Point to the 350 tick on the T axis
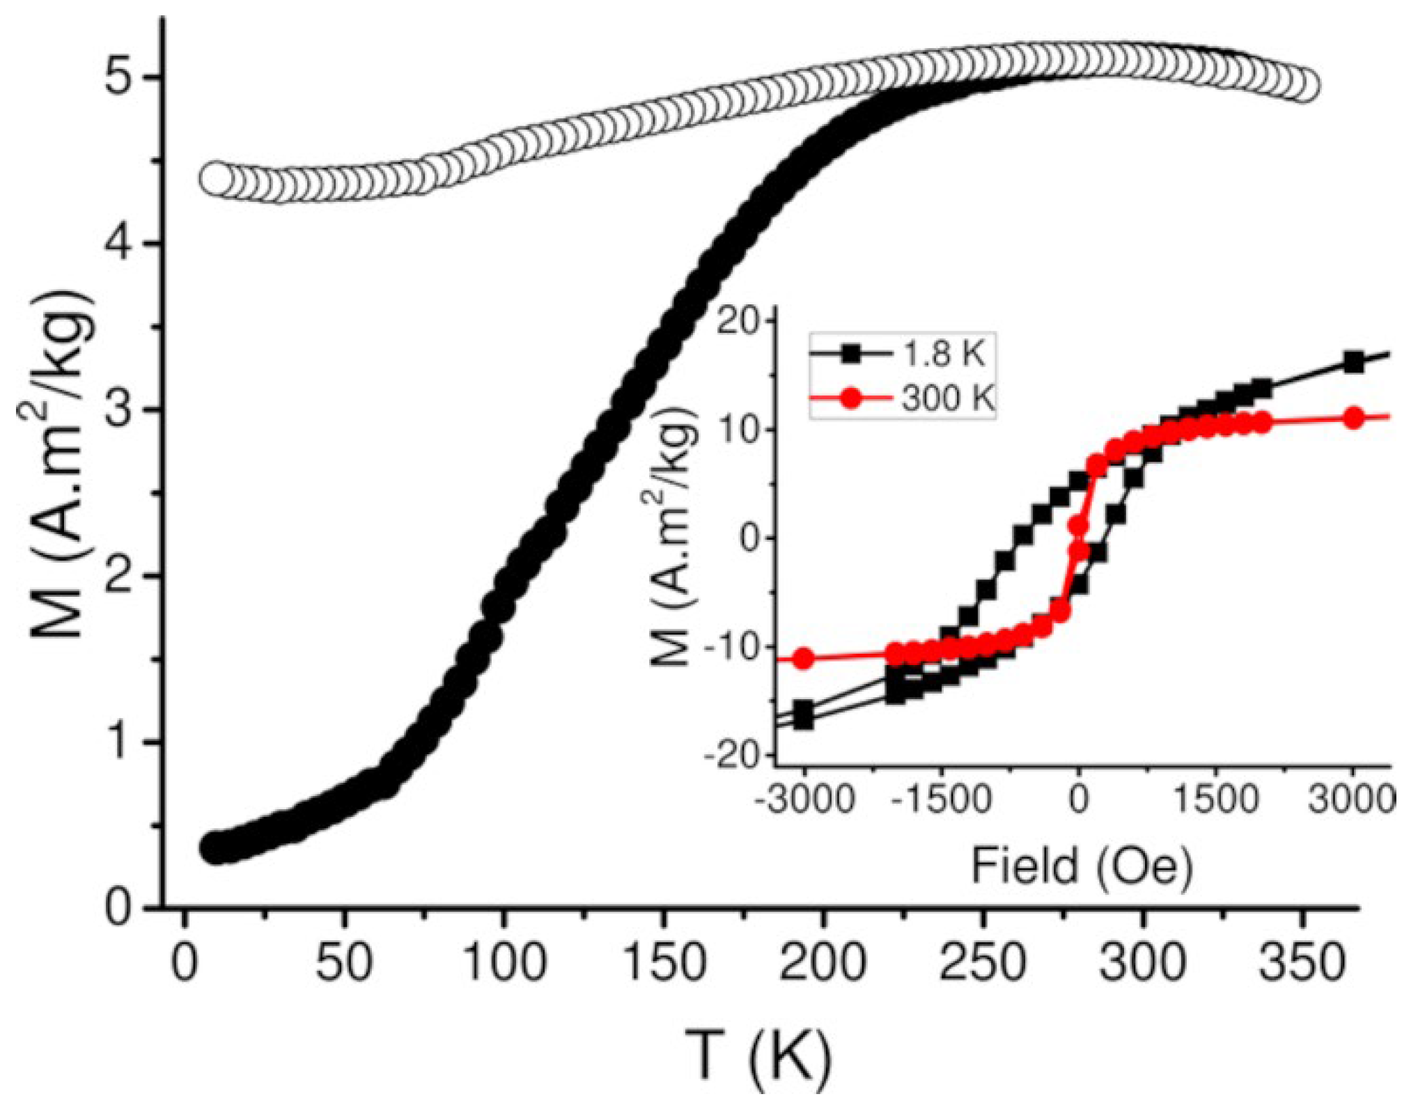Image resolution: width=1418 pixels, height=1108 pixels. [1301, 962]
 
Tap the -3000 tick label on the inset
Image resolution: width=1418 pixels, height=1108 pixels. [804, 799]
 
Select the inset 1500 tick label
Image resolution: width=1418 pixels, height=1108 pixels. [1216, 799]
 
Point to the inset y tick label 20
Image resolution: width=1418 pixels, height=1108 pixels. [740, 322]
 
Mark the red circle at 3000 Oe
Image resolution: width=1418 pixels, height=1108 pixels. [1353, 419]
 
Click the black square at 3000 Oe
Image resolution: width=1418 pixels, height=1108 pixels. [1353, 362]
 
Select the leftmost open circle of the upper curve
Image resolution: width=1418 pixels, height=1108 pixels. [217, 179]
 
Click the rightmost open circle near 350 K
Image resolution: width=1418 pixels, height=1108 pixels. [1302, 87]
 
